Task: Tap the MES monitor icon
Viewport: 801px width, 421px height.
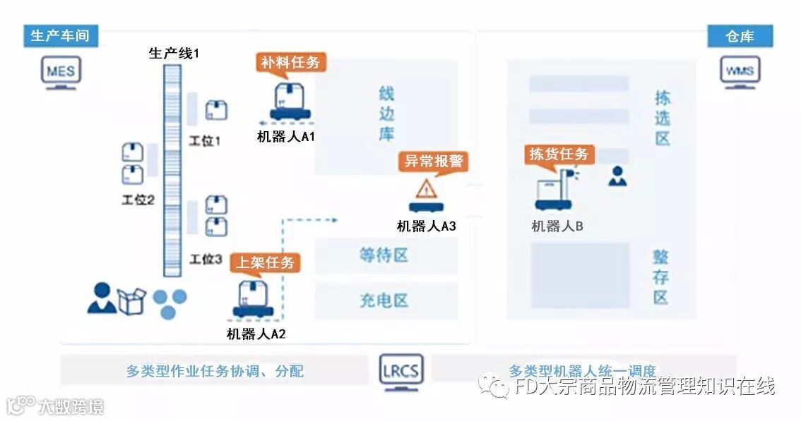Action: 61,73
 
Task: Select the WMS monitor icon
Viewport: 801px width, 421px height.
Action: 740,73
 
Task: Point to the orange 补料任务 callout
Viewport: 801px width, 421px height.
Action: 290,62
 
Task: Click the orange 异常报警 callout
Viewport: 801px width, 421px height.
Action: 434,161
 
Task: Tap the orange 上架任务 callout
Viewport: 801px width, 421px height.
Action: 265,263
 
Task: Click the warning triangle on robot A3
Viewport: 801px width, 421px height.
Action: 425,189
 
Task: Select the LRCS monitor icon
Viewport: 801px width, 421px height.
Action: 400,372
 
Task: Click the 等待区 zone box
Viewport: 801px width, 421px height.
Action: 385,255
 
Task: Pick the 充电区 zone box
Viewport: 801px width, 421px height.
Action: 385,300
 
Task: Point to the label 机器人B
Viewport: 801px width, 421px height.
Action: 557,226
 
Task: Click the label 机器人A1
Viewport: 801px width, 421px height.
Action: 285,136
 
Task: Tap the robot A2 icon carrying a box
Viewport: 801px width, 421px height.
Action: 252,300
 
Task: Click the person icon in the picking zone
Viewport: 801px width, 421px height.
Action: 617,176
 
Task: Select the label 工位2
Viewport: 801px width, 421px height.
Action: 138,200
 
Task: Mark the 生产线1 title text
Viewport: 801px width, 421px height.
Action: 173,54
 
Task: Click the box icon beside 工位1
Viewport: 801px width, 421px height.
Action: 217,110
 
